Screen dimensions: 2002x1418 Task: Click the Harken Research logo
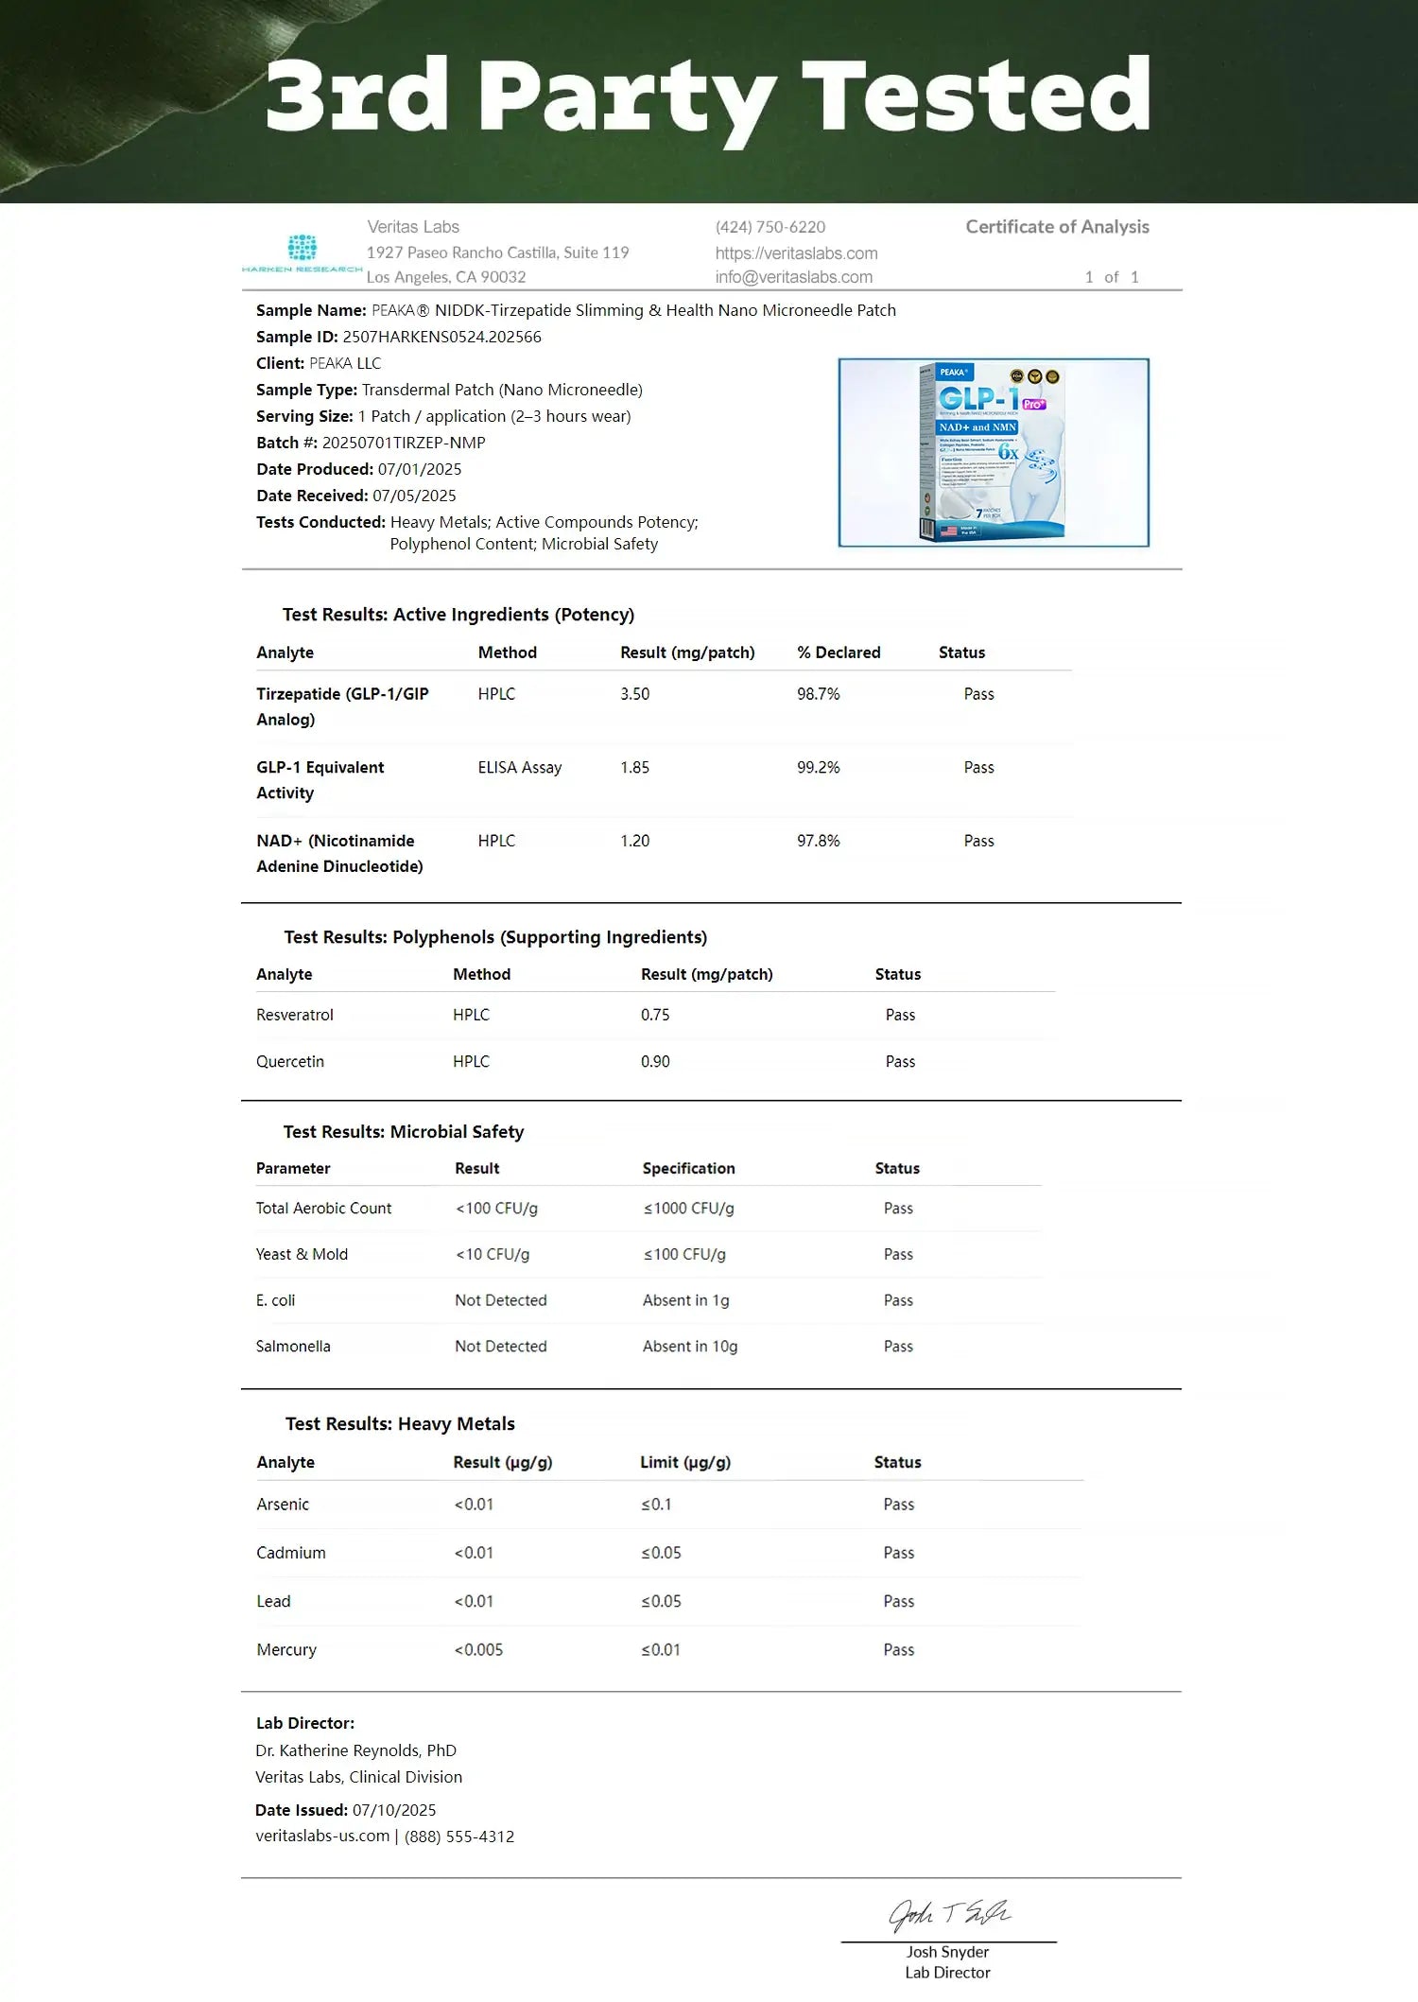[302, 252]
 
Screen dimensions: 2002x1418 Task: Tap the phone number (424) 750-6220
[770, 227]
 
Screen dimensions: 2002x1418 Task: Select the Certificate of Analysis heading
[1057, 227]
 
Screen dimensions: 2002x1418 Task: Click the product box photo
[994, 452]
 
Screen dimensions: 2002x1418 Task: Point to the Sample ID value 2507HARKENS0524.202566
[441, 337]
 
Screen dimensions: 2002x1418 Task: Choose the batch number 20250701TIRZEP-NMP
[404, 443]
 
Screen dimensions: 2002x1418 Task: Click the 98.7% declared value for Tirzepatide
[818, 694]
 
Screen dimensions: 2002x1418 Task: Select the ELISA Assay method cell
[519, 768]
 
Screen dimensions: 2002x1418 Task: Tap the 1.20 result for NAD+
[634, 841]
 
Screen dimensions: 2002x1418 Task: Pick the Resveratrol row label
[294, 1015]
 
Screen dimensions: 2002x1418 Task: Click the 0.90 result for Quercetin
[655, 1061]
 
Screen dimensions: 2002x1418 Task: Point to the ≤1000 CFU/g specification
[688, 1208]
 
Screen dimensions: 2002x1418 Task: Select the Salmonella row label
[293, 1346]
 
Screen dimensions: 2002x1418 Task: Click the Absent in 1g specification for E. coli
[685, 1300]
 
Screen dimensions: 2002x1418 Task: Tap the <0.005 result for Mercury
[478, 1649]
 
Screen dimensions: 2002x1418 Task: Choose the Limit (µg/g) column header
[685, 1462]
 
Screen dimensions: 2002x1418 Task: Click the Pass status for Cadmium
[898, 1553]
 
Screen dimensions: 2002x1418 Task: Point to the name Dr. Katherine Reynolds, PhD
[355, 1750]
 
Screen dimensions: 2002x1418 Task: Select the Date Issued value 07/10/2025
[394, 1810]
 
